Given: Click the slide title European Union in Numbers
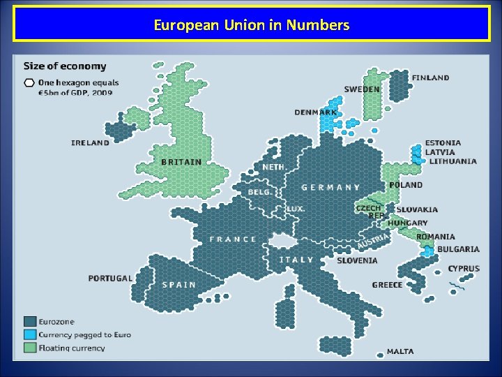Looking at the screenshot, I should (251, 26).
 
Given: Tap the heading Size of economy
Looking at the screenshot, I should (65, 66).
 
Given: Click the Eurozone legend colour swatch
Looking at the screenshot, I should (30, 322).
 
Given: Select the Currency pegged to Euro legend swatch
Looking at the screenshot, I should (30, 334).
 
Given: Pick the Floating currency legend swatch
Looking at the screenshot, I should (30, 347).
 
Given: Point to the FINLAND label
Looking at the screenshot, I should (430, 77).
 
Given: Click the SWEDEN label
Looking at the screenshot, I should (362, 89).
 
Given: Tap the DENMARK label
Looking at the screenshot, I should (315, 112).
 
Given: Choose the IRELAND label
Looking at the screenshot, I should (91, 142).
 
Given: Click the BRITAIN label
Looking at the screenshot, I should (181, 162).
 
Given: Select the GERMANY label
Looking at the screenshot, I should (330, 187).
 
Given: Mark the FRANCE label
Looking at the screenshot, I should (233, 239).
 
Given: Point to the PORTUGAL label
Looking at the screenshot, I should (110, 278).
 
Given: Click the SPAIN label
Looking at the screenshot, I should (178, 284).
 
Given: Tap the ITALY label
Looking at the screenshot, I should (296, 260).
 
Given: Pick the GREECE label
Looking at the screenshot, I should (387, 285).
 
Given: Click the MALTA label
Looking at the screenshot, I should (400, 351).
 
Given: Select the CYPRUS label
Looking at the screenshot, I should (464, 269).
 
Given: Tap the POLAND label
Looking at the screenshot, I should (406, 185).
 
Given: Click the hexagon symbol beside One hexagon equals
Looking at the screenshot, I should (29, 83).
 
